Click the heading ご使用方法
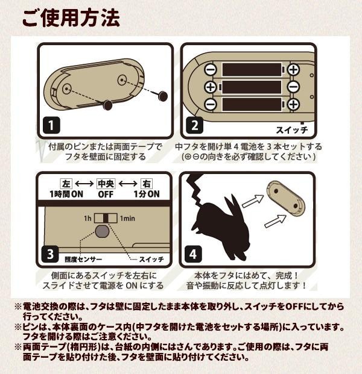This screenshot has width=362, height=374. pyautogui.click(x=71, y=18)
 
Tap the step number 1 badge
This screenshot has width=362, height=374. pyautogui.click(x=51, y=125)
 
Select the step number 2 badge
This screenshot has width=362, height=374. pyautogui.click(x=195, y=125)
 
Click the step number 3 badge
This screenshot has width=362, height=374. pyautogui.click(x=50, y=254)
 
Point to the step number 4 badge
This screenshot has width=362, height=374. pyautogui.click(x=193, y=254)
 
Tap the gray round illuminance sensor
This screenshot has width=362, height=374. pyautogui.click(x=103, y=231)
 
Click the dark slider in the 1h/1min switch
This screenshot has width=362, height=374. pyautogui.click(x=106, y=218)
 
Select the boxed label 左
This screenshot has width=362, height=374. pyautogui.click(x=66, y=184)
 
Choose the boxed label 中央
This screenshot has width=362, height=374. pyautogui.click(x=106, y=184)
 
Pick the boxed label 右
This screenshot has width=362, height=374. pyautogui.click(x=146, y=184)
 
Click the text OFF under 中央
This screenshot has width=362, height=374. pyautogui.click(x=106, y=195)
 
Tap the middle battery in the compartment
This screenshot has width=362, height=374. pyautogui.click(x=251, y=87)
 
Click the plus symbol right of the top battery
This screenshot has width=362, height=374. pyautogui.click(x=293, y=69)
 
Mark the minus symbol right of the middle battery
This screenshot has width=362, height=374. pyautogui.click(x=293, y=87)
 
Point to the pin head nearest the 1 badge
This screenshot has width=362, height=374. pyautogui.click(x=108, y=105)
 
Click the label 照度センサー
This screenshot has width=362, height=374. pyautogui.click(x=83, y=260)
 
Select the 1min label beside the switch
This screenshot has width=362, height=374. pyautogui.click(x=127, y=218)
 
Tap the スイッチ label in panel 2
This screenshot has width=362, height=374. pyautogui.click(x=292, y=130)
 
